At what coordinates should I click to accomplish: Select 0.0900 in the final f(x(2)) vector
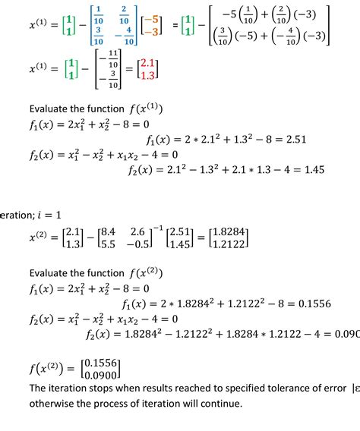[x=104, y=374]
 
